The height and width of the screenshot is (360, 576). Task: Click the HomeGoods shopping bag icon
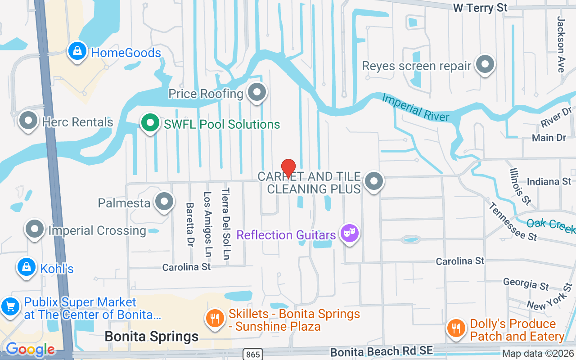click(x=77, y=51)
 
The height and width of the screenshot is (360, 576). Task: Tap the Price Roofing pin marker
click(x=257, y=93)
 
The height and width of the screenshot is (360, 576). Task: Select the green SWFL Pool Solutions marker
click(x=150, y=123)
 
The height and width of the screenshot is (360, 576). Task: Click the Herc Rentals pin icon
click(x=29, y=121)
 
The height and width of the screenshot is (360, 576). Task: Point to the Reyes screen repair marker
click(x=485, y=64)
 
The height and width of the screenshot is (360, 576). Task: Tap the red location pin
click(x=288, y=168)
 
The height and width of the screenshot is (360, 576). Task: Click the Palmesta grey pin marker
click(x=164, y=202)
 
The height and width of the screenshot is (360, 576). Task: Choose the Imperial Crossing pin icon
click(x=35, y=229)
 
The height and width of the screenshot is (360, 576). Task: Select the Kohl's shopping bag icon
click(x=27, y=267)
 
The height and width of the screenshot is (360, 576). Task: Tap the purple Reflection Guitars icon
click(x=349, y=234)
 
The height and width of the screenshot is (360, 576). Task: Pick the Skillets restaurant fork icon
click(x=215, y=318)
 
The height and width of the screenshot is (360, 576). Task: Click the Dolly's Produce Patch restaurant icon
click(x=456, y=328)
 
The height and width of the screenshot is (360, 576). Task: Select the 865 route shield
click(x=253, y=355)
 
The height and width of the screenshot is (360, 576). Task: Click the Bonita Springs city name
click(x=151, y=337)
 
